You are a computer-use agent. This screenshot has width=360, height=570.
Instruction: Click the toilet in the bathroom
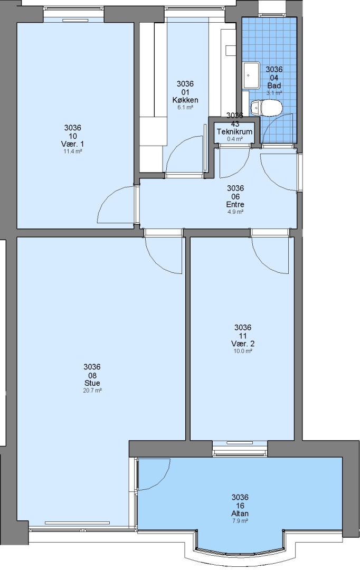click(x=267, y=108)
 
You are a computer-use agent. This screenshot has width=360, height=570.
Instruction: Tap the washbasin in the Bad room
click(x=251, y=75)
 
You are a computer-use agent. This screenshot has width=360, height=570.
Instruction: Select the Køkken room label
click(x=185, y=100)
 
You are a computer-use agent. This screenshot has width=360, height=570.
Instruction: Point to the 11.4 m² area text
click(x=73, y=151)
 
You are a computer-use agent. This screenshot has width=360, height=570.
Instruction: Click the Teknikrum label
click(x=234, y=131)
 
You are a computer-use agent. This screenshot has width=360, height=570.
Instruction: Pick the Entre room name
click(x=235, y=204)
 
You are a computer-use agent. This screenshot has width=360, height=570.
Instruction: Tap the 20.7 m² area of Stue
click(x=92, y=391)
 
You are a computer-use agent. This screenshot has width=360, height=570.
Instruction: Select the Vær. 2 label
click(x=243, y=344)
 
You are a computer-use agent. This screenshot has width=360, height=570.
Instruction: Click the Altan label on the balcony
click(x=240, y=514)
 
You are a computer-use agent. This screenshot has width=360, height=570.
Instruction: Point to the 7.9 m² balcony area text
click(x=240, y=521)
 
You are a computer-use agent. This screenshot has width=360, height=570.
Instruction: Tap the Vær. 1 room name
click(x=73, y=144)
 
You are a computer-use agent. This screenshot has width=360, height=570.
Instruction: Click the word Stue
click(x=92, y=383)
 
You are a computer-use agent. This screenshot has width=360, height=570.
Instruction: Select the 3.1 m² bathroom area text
click(x=274, y=93)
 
